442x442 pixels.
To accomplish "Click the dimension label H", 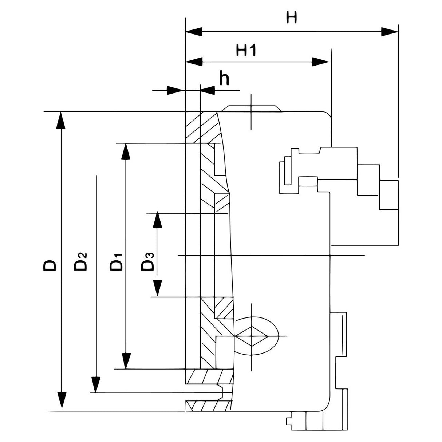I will click(x=291, y=17).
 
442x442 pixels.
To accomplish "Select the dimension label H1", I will click(x=246, y=51).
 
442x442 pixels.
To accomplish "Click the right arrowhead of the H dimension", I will click(x=390, y=32).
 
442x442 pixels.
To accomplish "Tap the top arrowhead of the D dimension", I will click(x=61, y=120).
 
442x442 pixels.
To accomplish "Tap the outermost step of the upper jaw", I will click(x=389, y=195).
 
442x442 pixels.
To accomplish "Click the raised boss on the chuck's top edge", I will click(x=251, y=108).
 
